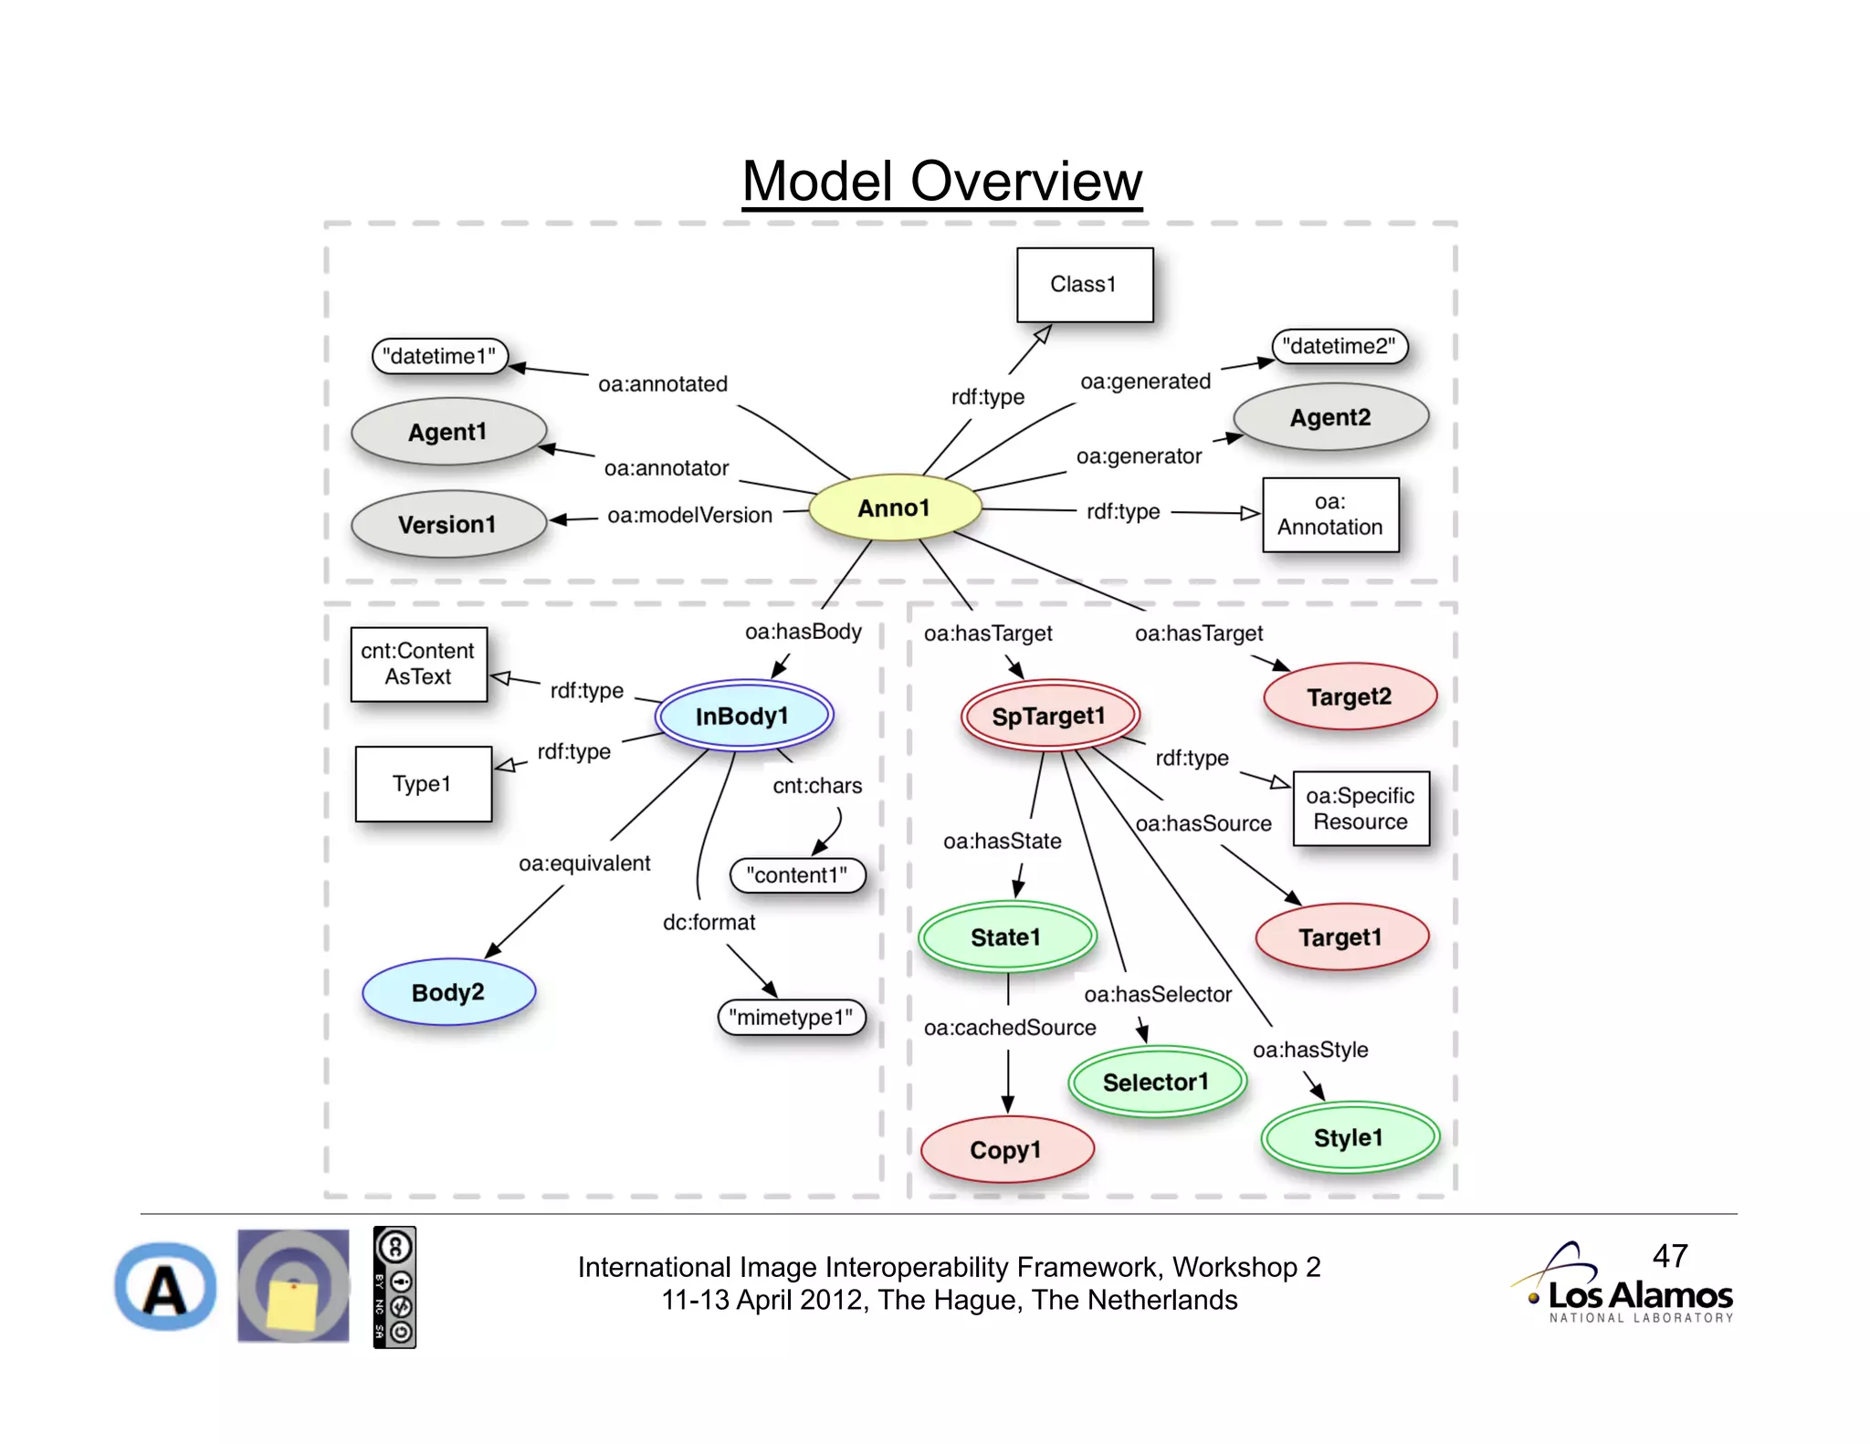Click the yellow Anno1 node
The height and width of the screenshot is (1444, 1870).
(x=894, y=507)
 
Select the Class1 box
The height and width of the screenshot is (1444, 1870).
(x=1084, y=285)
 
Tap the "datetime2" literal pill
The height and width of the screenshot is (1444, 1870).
(x=1339, y=347)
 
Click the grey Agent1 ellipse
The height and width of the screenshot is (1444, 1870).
(x=447, y=432)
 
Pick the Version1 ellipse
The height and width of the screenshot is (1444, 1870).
(x=447, y=525)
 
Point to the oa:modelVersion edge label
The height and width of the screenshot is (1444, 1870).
(x=689, y=515)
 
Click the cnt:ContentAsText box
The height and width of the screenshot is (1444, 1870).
(x=418, y=664)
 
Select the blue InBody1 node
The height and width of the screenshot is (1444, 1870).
(x=742, y=716)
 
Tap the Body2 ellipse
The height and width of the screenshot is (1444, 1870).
(x=447, y=992)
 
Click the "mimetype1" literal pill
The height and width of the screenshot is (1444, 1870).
(x=791, y=1017)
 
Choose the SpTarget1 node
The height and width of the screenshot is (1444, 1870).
(x=1048, y=716)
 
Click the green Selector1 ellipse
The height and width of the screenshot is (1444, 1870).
(x=1155, y=1083)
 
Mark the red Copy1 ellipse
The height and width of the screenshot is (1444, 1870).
(x=1005, y=1150)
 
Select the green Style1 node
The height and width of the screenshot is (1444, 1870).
(x=1349, y=1138)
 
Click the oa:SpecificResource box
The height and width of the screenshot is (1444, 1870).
(x=1360, y=809)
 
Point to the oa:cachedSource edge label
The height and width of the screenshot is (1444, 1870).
(x=1009, y=1028)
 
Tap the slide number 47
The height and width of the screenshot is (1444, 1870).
(x=1669, y=1256)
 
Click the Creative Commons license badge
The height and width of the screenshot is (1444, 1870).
(x=394, y=1287)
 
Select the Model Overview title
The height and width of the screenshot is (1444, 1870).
(x=941, y=181)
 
